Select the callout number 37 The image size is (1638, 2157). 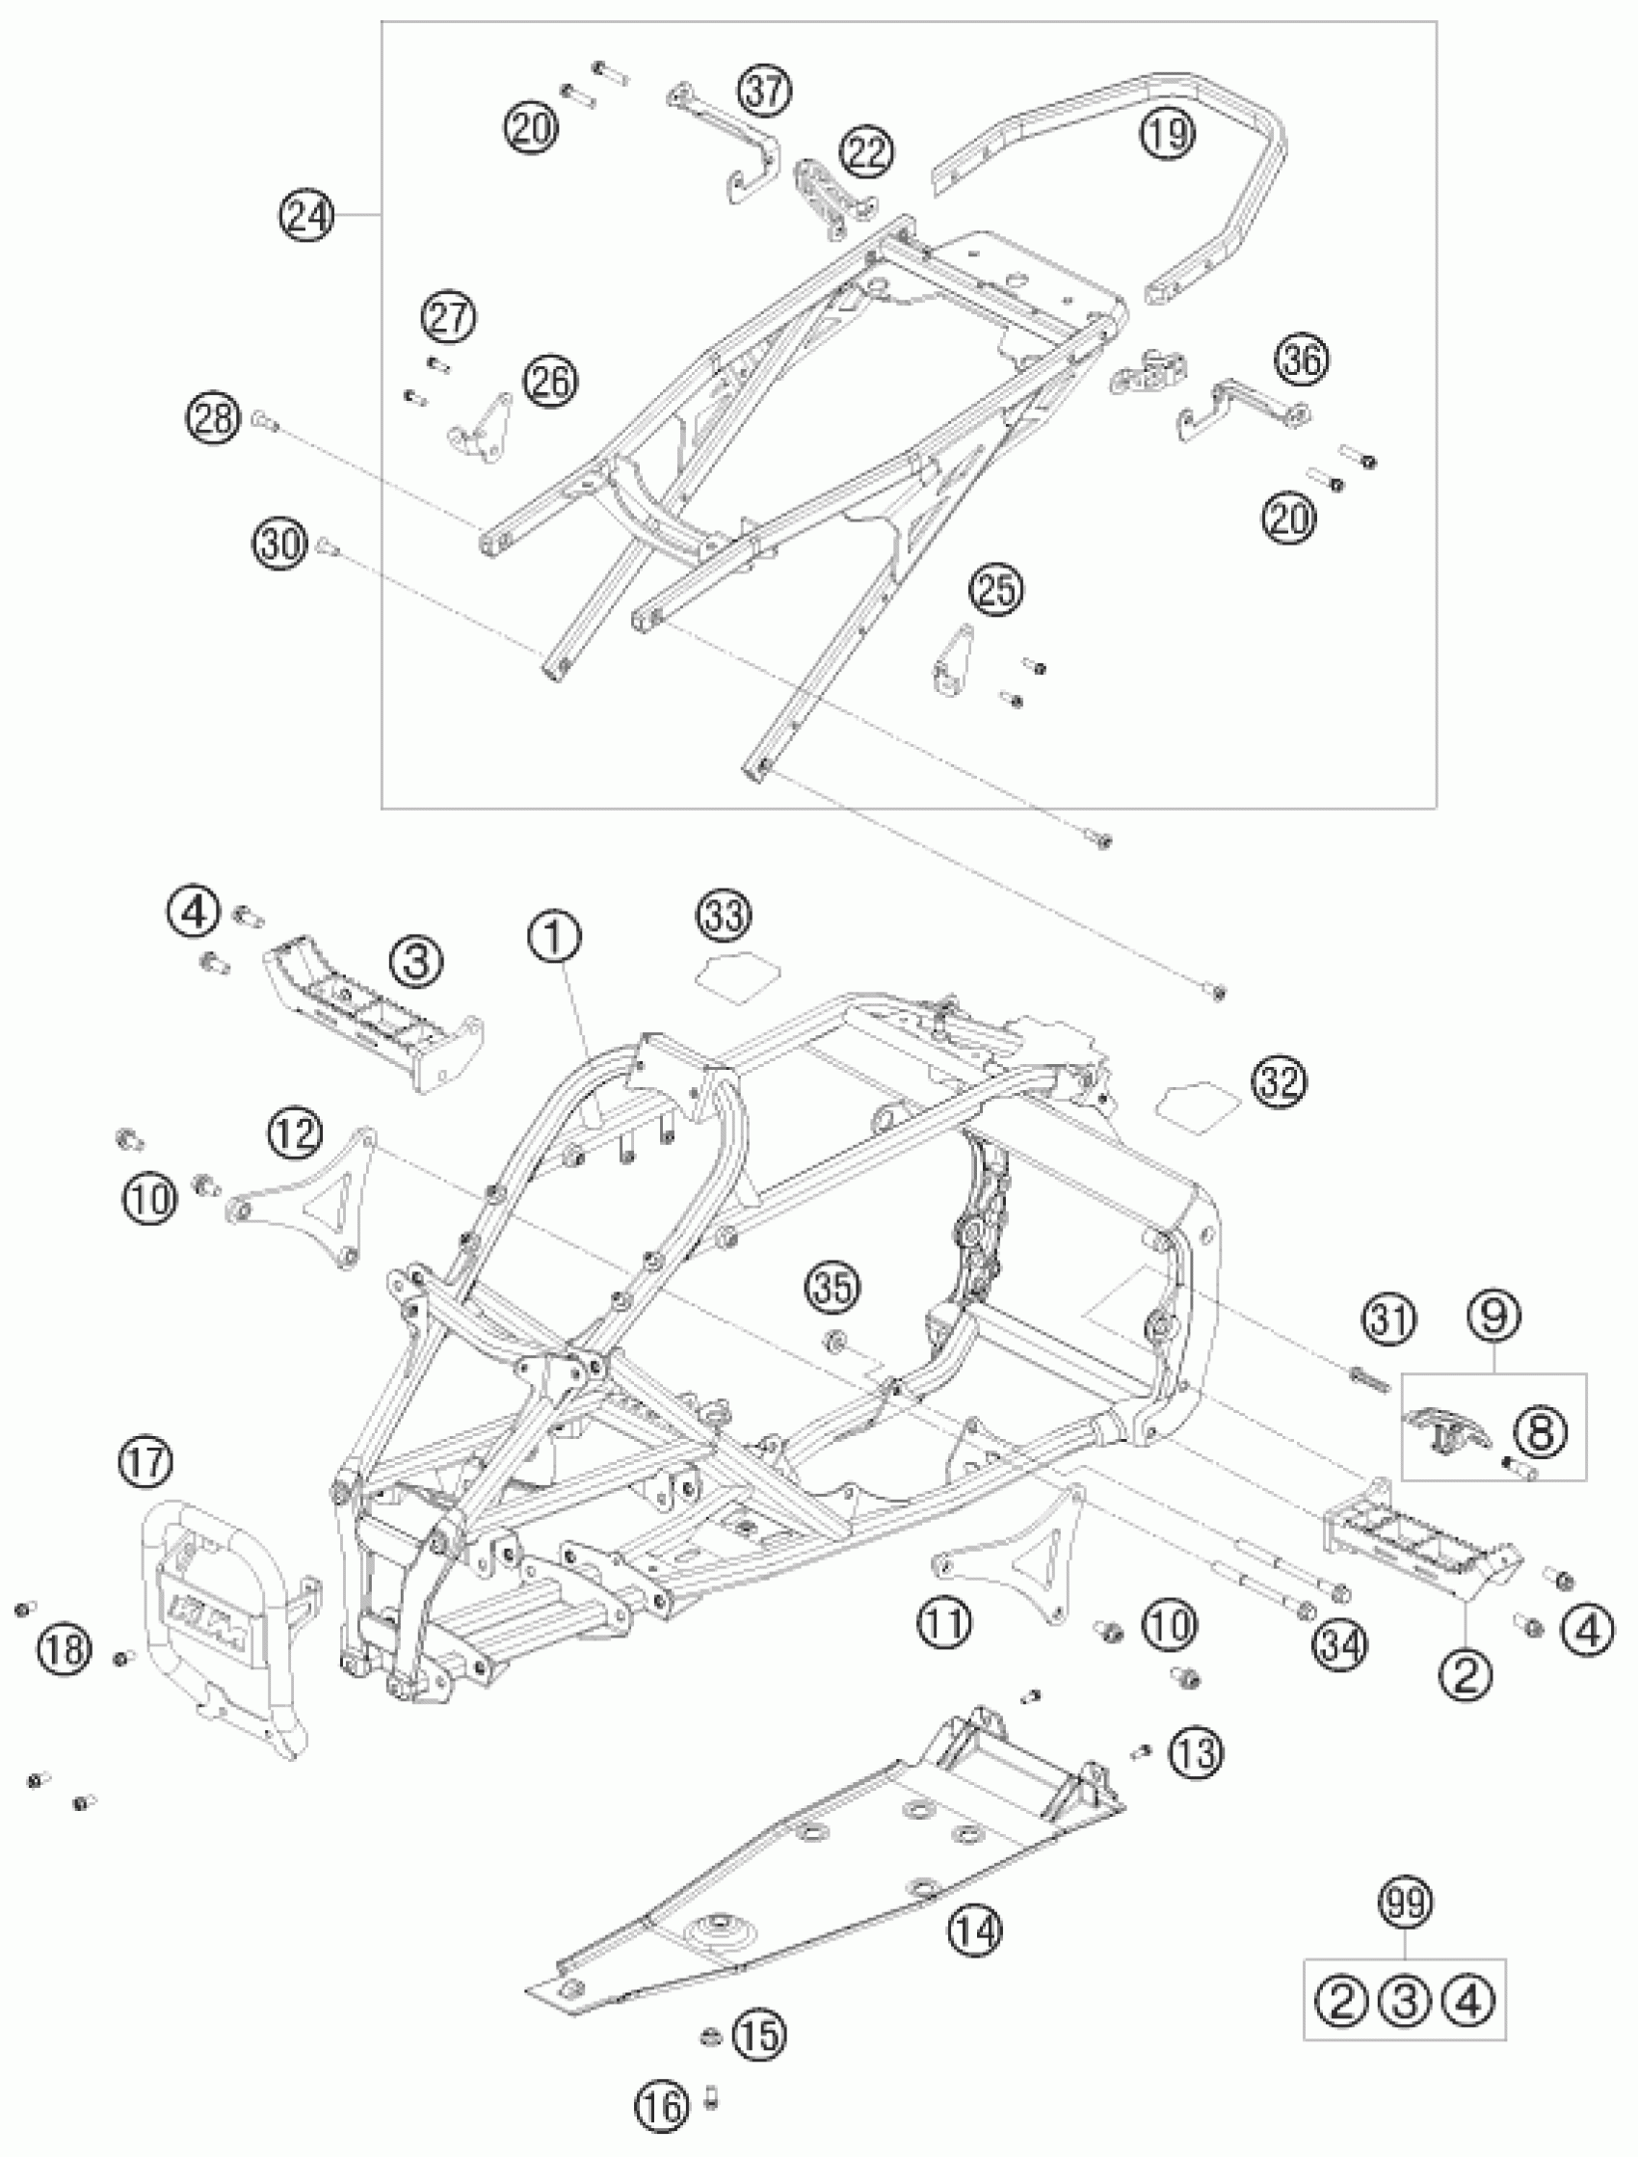[764, 91]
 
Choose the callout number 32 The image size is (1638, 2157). [1280, 1082]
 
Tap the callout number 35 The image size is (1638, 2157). [832, 1288]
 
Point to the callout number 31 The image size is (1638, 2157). [1389, 1320]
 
